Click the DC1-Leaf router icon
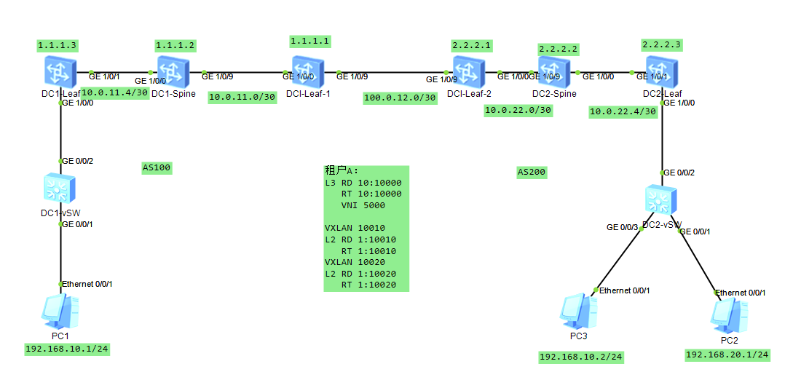click(57, 73)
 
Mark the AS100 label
click(157, 168)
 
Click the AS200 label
click(532, 173)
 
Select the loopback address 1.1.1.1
click(310, 41)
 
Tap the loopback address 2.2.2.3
click(662, 44)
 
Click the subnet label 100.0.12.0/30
click(400, 98)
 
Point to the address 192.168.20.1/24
click(727, 355)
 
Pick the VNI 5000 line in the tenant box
click(364, 205)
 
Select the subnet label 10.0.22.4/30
click(623, 111)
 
